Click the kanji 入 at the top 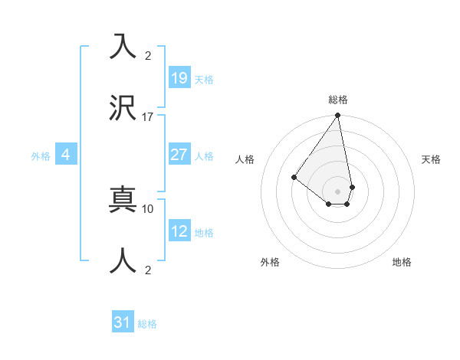pyautogui.click(x=123, y=47)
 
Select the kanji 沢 pyautogui.click(x=123, y=108)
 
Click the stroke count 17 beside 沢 pyautogui.click(x=148, y=117)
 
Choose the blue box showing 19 pyautogui.click(x=179, y=77)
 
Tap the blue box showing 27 pyautogui.click(x=179, y=154)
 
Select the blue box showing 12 pyautogui.click(x=179, y=231)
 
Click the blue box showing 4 pyautogui.click(x=66, y=155)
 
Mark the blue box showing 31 pyautogui.click(x=123, y=323)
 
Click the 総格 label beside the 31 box pyautogui.click(x=147, y=325)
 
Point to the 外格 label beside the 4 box pyautogui.click(x=41, y=156)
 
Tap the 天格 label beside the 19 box pyautogui.click(x=204, y=80)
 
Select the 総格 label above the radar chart pyautogui.click(x=338, y=100)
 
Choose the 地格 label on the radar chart pyautogui.click(x=402, y=262)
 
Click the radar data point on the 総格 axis pyautogui.click(x=338, y=116)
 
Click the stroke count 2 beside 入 pyautogui.click(x=148, y=56)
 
